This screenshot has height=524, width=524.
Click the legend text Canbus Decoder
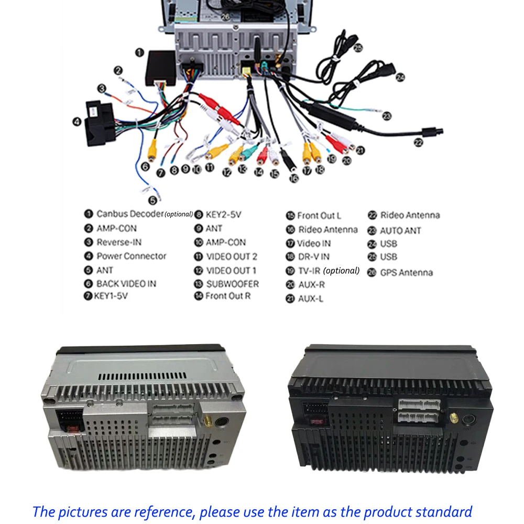click(130, 214)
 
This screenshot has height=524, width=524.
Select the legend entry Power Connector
click(132, 256)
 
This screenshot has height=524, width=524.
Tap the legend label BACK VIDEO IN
click(126, 283)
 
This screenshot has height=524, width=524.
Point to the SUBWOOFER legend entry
click(233, 284)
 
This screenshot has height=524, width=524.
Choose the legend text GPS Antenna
click(407, 272)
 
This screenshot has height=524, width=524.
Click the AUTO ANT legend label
click(400, 231)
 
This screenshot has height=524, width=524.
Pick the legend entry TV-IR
click(309, 271)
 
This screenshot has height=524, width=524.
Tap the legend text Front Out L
click(319, 216)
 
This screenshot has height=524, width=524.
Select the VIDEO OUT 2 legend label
click(232, 257)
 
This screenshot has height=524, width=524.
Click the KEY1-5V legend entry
click(111, 296)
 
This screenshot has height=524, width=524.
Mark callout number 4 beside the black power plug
click(77, 122)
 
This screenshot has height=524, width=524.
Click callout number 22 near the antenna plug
click(418, 143)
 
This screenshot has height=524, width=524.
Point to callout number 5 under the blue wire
click(152, 200)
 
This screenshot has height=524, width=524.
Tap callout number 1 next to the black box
click(140, 52)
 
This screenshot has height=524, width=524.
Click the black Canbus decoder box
click(161, 68)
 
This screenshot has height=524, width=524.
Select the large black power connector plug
click(99, 123)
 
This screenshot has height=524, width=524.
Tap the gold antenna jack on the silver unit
click(207, 421)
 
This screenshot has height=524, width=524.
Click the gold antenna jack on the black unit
click(453, 418)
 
